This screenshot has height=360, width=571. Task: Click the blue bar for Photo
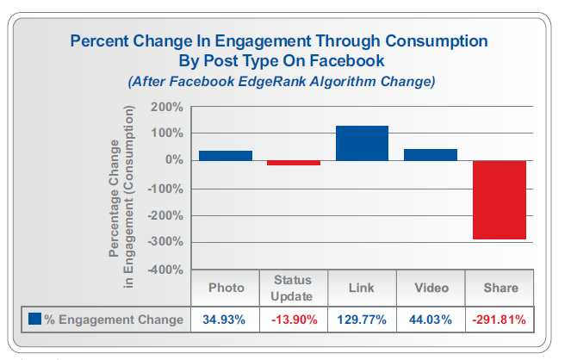tap(226, 155)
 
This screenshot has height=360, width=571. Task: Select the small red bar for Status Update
tap(294, 163)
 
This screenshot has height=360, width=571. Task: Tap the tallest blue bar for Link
tap(362, 143)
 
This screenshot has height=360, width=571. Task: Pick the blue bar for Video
tap(431, 154)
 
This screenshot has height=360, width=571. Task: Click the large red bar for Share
tap(499, 200)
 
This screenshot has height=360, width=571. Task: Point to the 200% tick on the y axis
tap(166, 107)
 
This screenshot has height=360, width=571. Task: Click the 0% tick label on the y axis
tap(172, 161)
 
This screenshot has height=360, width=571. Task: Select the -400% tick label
tap(164, 270)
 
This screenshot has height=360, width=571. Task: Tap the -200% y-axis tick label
tap(164, 215)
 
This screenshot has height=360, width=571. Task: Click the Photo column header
tap(227, 288)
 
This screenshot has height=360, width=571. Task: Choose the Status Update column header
tap(293, 288)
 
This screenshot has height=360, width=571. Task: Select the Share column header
tap(499, 288)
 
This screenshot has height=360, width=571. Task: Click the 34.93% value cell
tap(226, 319)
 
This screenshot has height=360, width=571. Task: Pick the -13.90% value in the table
tap(293, 319)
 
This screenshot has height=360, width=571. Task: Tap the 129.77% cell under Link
tap(362, 319)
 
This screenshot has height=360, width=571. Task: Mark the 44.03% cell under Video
tap(430, 319)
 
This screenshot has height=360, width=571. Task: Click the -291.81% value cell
tap(499, 319)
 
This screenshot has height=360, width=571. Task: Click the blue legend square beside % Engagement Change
tap(34, 319)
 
